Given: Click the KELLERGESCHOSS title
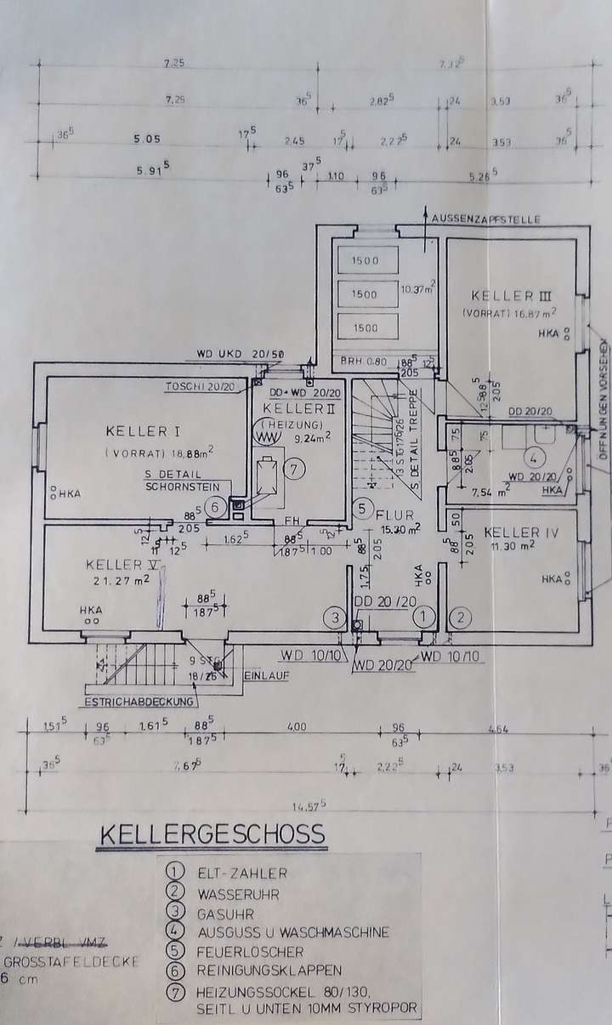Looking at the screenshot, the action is point(212,833).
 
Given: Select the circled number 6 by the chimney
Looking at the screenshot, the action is point(216,507).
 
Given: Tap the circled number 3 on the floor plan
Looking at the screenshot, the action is point(337,617).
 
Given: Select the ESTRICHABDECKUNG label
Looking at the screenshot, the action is point(139,703).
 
